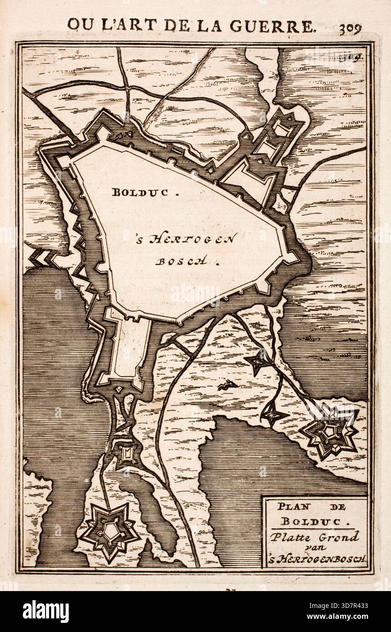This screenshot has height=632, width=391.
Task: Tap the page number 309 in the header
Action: (350, 28)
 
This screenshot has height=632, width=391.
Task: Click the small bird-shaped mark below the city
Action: (226, 386)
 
